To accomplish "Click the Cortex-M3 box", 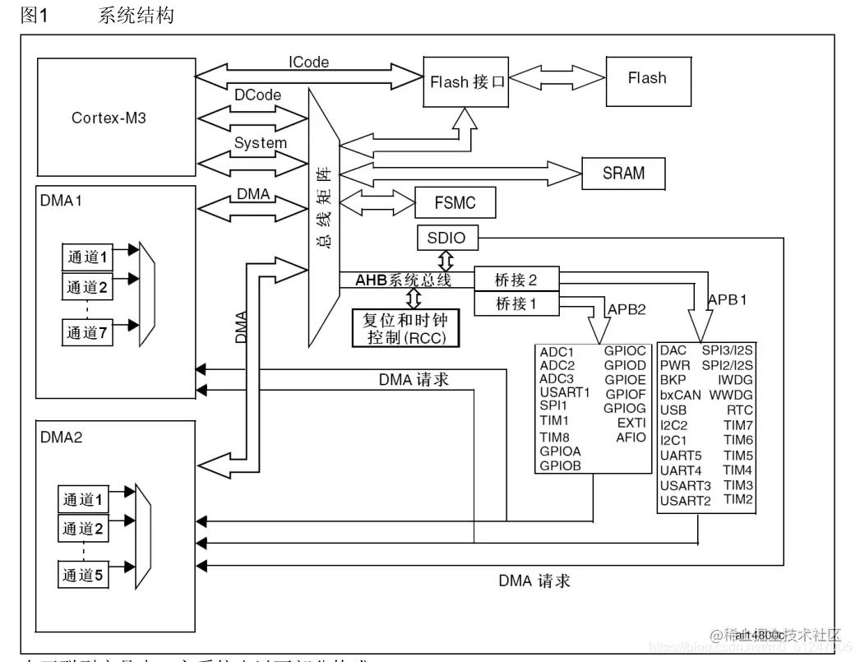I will point(109,118).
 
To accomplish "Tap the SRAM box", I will point(623,174).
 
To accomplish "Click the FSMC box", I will point(455,202).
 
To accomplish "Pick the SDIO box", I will point(446,238).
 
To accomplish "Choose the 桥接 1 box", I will point(516,303).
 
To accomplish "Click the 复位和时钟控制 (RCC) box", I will point(405,328).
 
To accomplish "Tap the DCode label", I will point(257,95).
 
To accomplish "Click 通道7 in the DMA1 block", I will point(87,333).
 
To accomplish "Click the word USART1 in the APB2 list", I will point(565,392).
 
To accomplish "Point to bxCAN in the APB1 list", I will point(680,395).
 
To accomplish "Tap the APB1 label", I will point(728,299).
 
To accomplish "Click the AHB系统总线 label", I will point(403,280).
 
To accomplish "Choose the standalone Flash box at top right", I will point(647,79).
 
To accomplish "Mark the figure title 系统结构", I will point(136,16).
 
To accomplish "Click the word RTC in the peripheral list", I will point(740,410).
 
